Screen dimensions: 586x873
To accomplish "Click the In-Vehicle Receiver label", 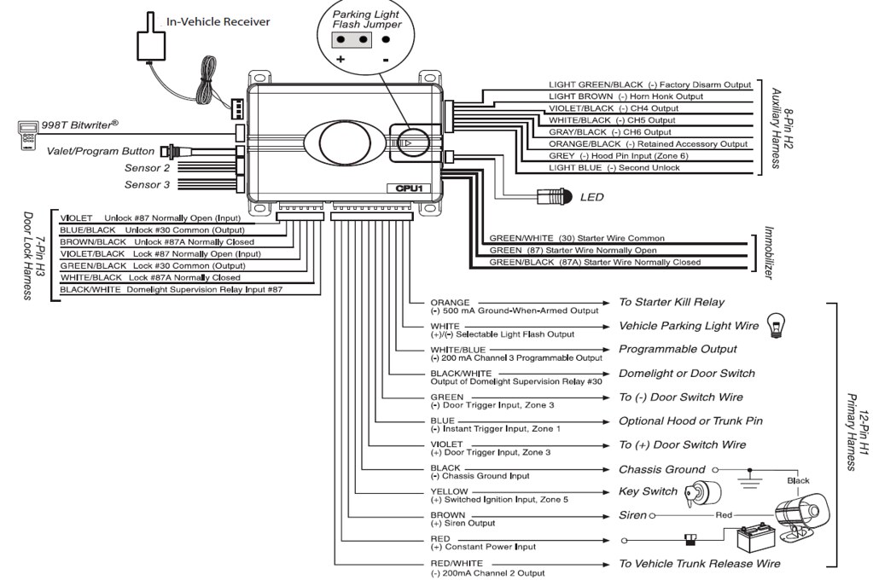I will (218, 21).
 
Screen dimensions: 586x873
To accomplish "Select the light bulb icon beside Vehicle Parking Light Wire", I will (777, 323).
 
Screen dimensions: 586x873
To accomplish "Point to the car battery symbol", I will (755, 539).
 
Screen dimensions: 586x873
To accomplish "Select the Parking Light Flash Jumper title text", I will (365, 20).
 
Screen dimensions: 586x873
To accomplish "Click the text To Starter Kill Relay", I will (671, 302).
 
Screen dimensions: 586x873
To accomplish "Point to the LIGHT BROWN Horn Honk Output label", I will (626, 96).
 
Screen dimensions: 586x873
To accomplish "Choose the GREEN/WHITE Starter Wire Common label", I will (576, 238).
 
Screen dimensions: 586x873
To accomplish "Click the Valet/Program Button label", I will (102, 150).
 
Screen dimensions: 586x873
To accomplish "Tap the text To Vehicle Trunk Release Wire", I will (699, 563).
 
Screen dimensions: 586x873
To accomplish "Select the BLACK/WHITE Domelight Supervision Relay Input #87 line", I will (172, 289).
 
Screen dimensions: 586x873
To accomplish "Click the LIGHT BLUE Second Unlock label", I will (614, 168).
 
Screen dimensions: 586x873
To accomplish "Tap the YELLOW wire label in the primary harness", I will (448, 491).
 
